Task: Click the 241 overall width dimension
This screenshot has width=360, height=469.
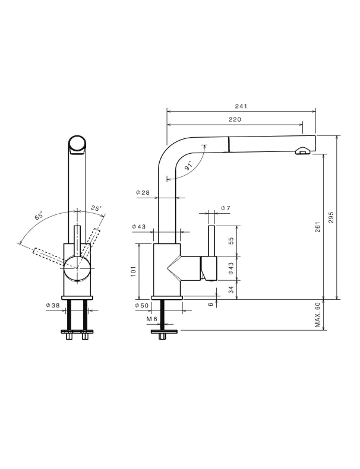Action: [241, 106]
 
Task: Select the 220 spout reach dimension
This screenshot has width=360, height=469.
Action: [235, 120]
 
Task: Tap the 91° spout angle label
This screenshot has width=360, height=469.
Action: [189, 166]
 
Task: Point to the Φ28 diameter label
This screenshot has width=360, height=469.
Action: [143, 192]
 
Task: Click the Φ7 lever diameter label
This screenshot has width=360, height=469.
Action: [226, 208]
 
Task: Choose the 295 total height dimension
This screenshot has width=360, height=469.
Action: [331, 217]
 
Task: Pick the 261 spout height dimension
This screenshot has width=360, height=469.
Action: [317, 227]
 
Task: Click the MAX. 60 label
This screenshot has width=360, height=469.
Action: [318, 315]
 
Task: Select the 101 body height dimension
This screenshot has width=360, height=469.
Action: [134, 271]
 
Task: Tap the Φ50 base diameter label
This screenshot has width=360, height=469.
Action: [141, 306]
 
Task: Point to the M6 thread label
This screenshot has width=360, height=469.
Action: [151, 319]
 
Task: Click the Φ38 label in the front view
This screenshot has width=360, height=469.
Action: [53, 305]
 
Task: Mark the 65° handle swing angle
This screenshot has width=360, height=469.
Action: [39, 216]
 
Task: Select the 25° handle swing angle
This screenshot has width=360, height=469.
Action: [96, 208]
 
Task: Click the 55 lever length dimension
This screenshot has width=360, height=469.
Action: [231, 241]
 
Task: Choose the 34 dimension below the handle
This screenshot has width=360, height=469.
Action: [231, 290]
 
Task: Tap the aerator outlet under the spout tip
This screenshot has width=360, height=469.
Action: [303, 151]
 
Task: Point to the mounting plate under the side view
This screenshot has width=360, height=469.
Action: [165, 331]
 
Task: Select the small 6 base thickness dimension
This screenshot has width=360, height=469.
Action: [211, 304]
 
